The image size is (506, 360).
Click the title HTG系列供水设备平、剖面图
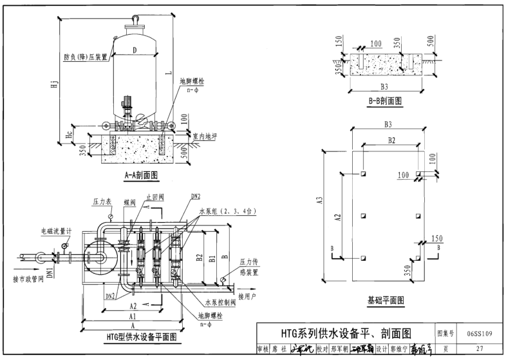click(x=345, y=334)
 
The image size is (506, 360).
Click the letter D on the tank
click(x=134, y=50)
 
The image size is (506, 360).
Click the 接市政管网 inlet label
click(x=28, y=279)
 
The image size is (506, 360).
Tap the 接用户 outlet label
click(x=247, y=296)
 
